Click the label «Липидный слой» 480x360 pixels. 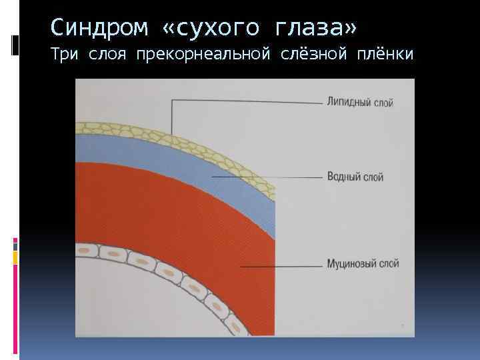pyautogui.click(x=360, y=103)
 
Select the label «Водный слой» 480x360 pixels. pyautogui.click(x=355, y=177)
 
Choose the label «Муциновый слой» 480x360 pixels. pyautogui.click(x=363, y=264)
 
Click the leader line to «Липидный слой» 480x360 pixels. pyautogui.click(x=247, y=102)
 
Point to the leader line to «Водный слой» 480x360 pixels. pyautogui.click(x=267, y=177)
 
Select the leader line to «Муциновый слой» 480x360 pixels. pyautogui.click(x=280, y=265)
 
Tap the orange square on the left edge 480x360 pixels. pyautogui.click(x=15, y=254)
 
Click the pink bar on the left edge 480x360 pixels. pyautogui.click(x=15, y=243)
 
